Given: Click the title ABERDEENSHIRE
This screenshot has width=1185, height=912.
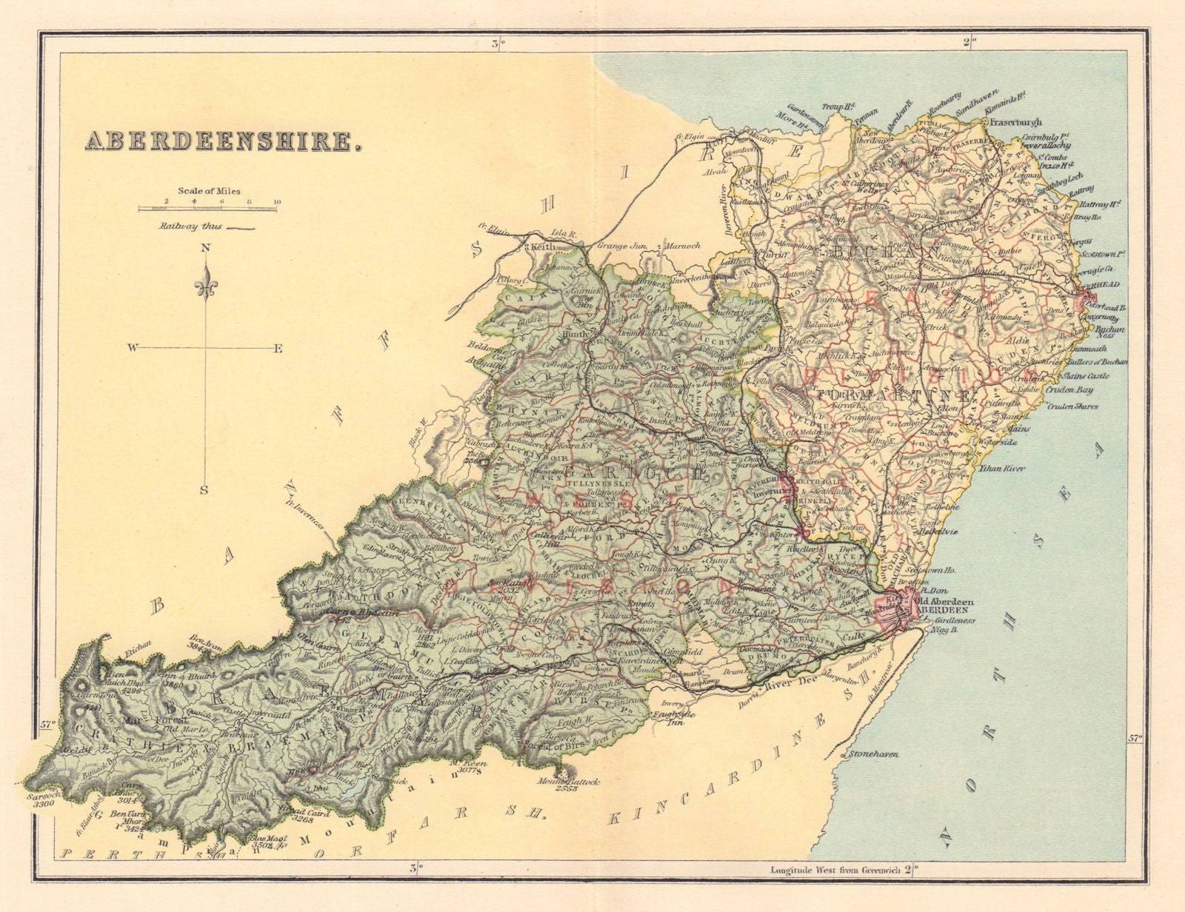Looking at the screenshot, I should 223,141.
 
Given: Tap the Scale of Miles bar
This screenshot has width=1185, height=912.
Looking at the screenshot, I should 208,209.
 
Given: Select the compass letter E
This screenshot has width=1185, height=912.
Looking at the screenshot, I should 278,349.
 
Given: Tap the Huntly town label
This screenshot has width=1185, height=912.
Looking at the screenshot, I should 576,334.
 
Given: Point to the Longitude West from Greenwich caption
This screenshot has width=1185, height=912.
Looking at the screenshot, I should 837,870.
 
